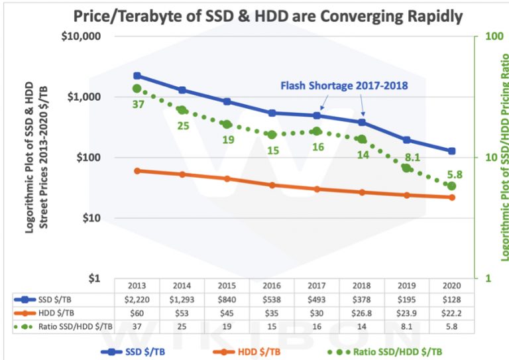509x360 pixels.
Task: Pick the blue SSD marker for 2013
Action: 137,76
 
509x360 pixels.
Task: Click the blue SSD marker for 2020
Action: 452,151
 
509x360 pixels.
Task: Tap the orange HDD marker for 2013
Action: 137,171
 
